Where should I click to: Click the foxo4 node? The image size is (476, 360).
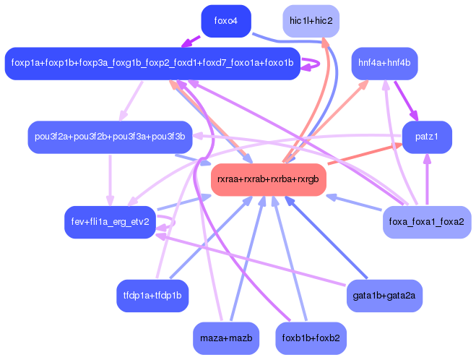coord(225,21)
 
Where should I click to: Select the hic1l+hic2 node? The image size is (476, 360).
coord(311,21)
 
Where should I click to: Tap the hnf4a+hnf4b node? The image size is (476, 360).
coord(384,63)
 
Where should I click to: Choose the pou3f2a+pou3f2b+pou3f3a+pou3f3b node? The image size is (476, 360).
coord(110,137)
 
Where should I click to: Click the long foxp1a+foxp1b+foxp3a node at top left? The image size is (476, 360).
coord(152,63)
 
